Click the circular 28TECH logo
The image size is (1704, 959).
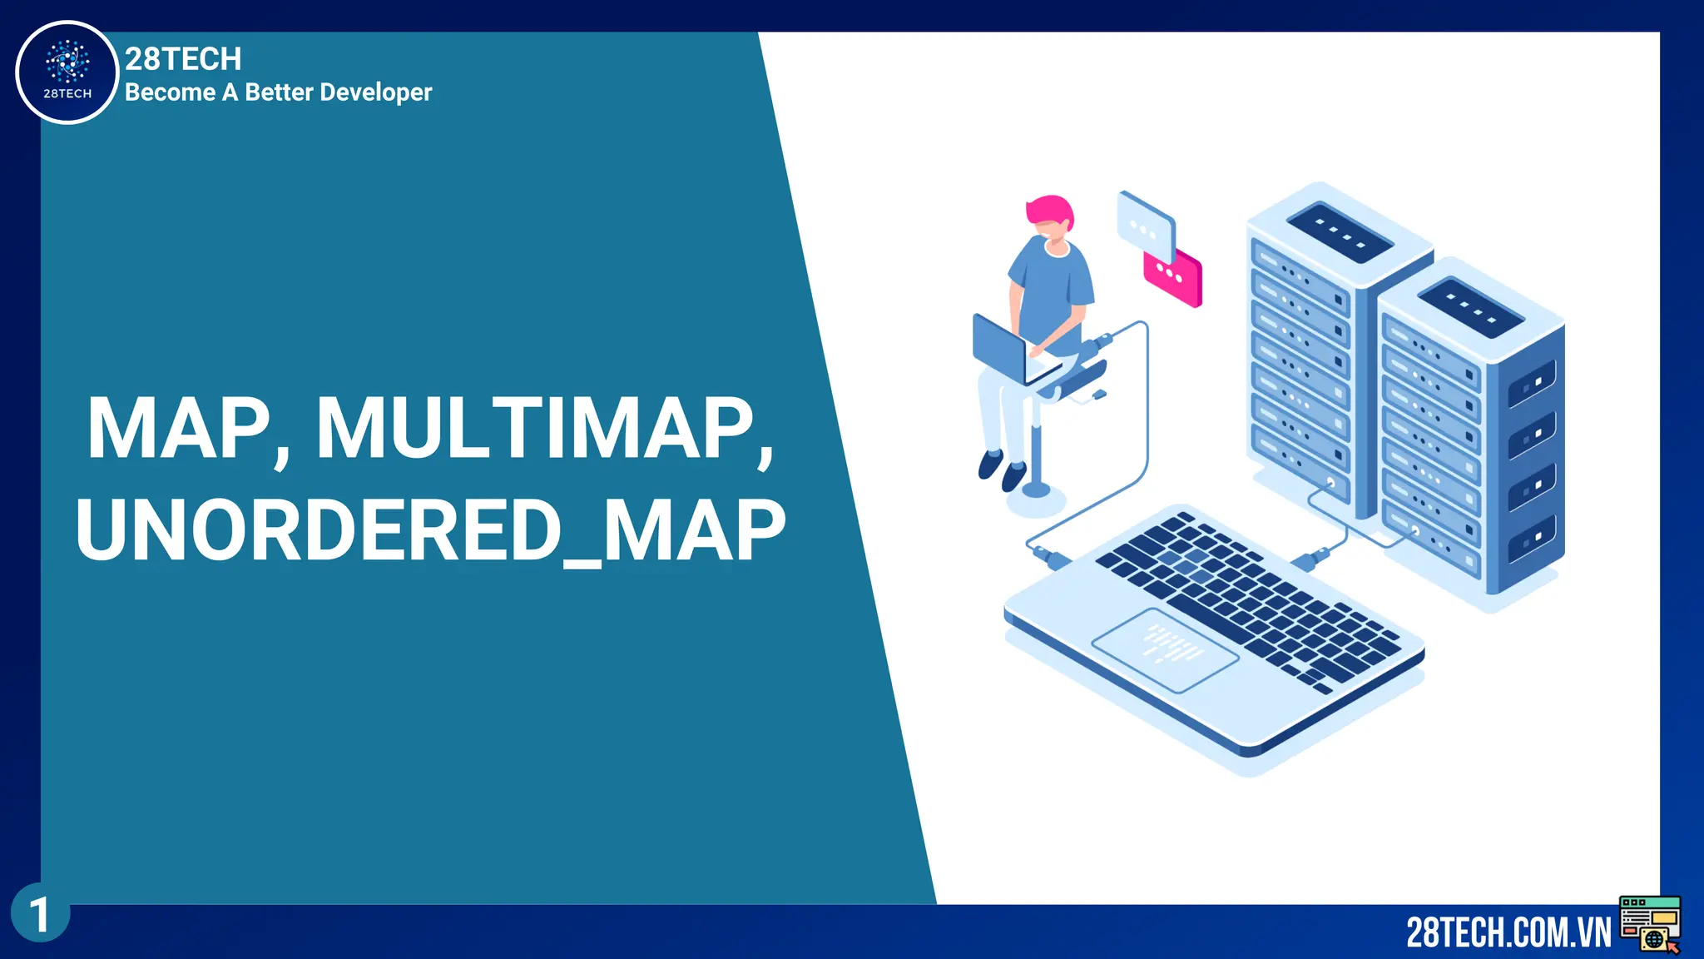(67, 72)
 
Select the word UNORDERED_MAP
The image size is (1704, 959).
(430, 530)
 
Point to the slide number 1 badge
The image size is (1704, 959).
(40, 914)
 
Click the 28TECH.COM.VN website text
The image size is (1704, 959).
(1508, 932)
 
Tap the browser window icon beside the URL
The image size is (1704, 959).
(1650, 923)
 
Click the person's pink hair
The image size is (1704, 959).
(1050, 210)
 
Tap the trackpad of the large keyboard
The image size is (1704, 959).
(1164, 649)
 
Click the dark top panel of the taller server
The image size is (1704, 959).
(1340, 231)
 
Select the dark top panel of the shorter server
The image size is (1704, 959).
(1470, 307)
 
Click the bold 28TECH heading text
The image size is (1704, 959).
(183, 59)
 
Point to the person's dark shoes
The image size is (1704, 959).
(1002, 470)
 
